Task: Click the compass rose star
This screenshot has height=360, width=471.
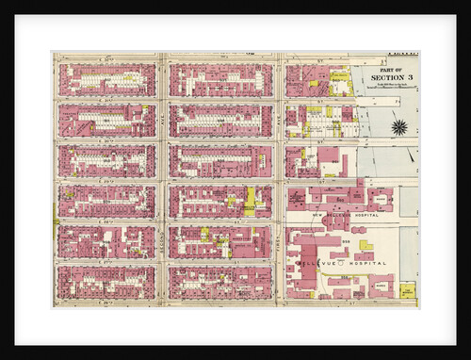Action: pos(398,126)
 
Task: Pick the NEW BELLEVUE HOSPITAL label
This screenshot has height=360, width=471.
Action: pos(332,215)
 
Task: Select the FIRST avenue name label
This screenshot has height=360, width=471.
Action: pos(279,236)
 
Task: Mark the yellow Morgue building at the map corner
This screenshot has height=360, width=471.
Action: pos(407,290)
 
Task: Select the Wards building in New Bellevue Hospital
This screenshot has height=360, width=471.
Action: pos(381,200)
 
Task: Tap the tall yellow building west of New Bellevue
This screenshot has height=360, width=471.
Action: pos(251,199)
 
